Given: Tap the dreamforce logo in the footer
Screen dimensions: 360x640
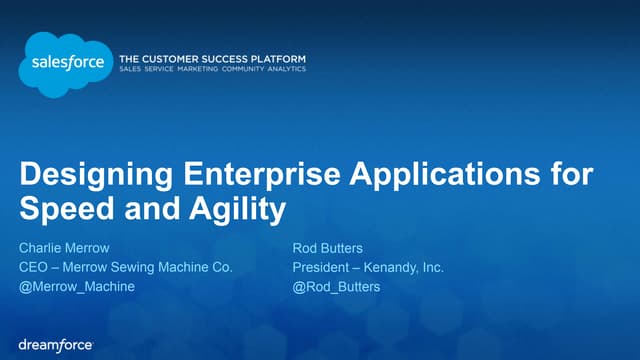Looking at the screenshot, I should tap(56, 344).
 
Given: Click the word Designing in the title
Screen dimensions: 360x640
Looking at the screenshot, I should tap(81, 176).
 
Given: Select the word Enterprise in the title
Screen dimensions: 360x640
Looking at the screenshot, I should tap(226, 176).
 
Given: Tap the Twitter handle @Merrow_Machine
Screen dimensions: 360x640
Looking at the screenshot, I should tap(77, 287).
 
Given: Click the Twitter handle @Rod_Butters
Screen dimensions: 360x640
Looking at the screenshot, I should tap(336, 287).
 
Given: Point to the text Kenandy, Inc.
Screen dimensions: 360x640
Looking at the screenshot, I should tap(404, 267).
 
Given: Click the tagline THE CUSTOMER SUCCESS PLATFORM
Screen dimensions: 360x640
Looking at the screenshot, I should tap(212, 59).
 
